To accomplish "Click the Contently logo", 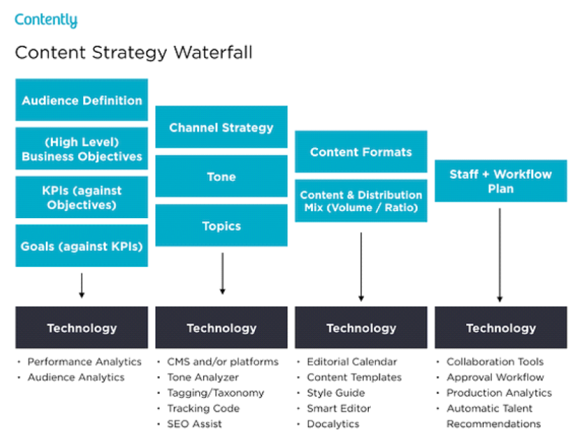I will tap(46, 19).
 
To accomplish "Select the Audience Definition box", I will tap(82, 100).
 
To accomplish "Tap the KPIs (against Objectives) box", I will tap(82, 197).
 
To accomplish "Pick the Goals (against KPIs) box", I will tap(82, 246).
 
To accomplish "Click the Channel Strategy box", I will tap(221, 127).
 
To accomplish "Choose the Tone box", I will tap(221, 177).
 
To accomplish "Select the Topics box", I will tap(221, 226).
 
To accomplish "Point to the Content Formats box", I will tap(361, 152).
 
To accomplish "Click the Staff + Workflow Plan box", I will tap(501, 181).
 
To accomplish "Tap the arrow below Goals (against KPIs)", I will tap(82, 285).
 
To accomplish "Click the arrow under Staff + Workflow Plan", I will tap(499, 254).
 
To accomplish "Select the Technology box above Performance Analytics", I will tap(82, 328).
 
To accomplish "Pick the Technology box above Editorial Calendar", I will tap(361, 328).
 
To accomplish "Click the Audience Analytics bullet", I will tap(75, 378).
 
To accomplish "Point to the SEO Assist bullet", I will tap(195, 424).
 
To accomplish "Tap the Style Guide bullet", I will tap(336, 393).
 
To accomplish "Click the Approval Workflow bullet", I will tap(495, 378).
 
